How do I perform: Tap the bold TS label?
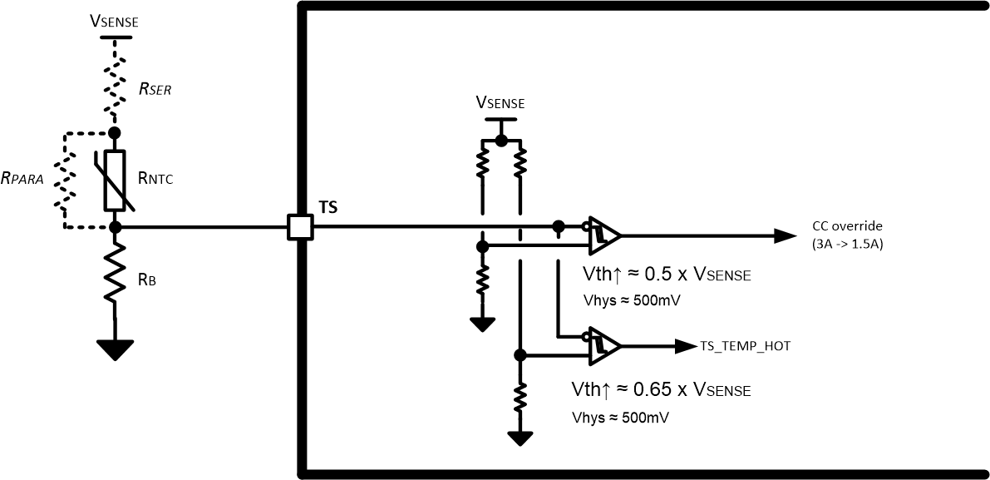pyautogui.click(x=329, y=207)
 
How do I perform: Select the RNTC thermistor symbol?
pyautogui.click(x=115, y=180)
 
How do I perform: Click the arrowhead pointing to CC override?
pyautogui.click(x=786, y=235)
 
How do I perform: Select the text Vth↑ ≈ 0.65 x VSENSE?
pyautogui.click(x=661, y=389)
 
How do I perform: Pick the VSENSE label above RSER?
pyautogui.click(x=114, y=21)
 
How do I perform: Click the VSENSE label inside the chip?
pyautogui.click(x=500, y=103)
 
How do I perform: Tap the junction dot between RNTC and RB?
pyautogui.click(x=115, y=226)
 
